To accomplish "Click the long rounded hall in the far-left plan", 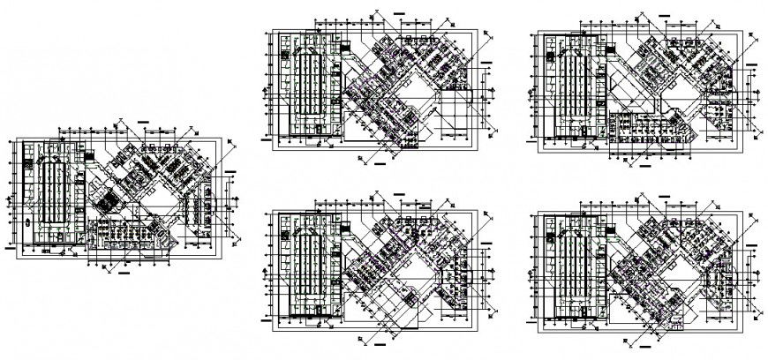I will [49, 196].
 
